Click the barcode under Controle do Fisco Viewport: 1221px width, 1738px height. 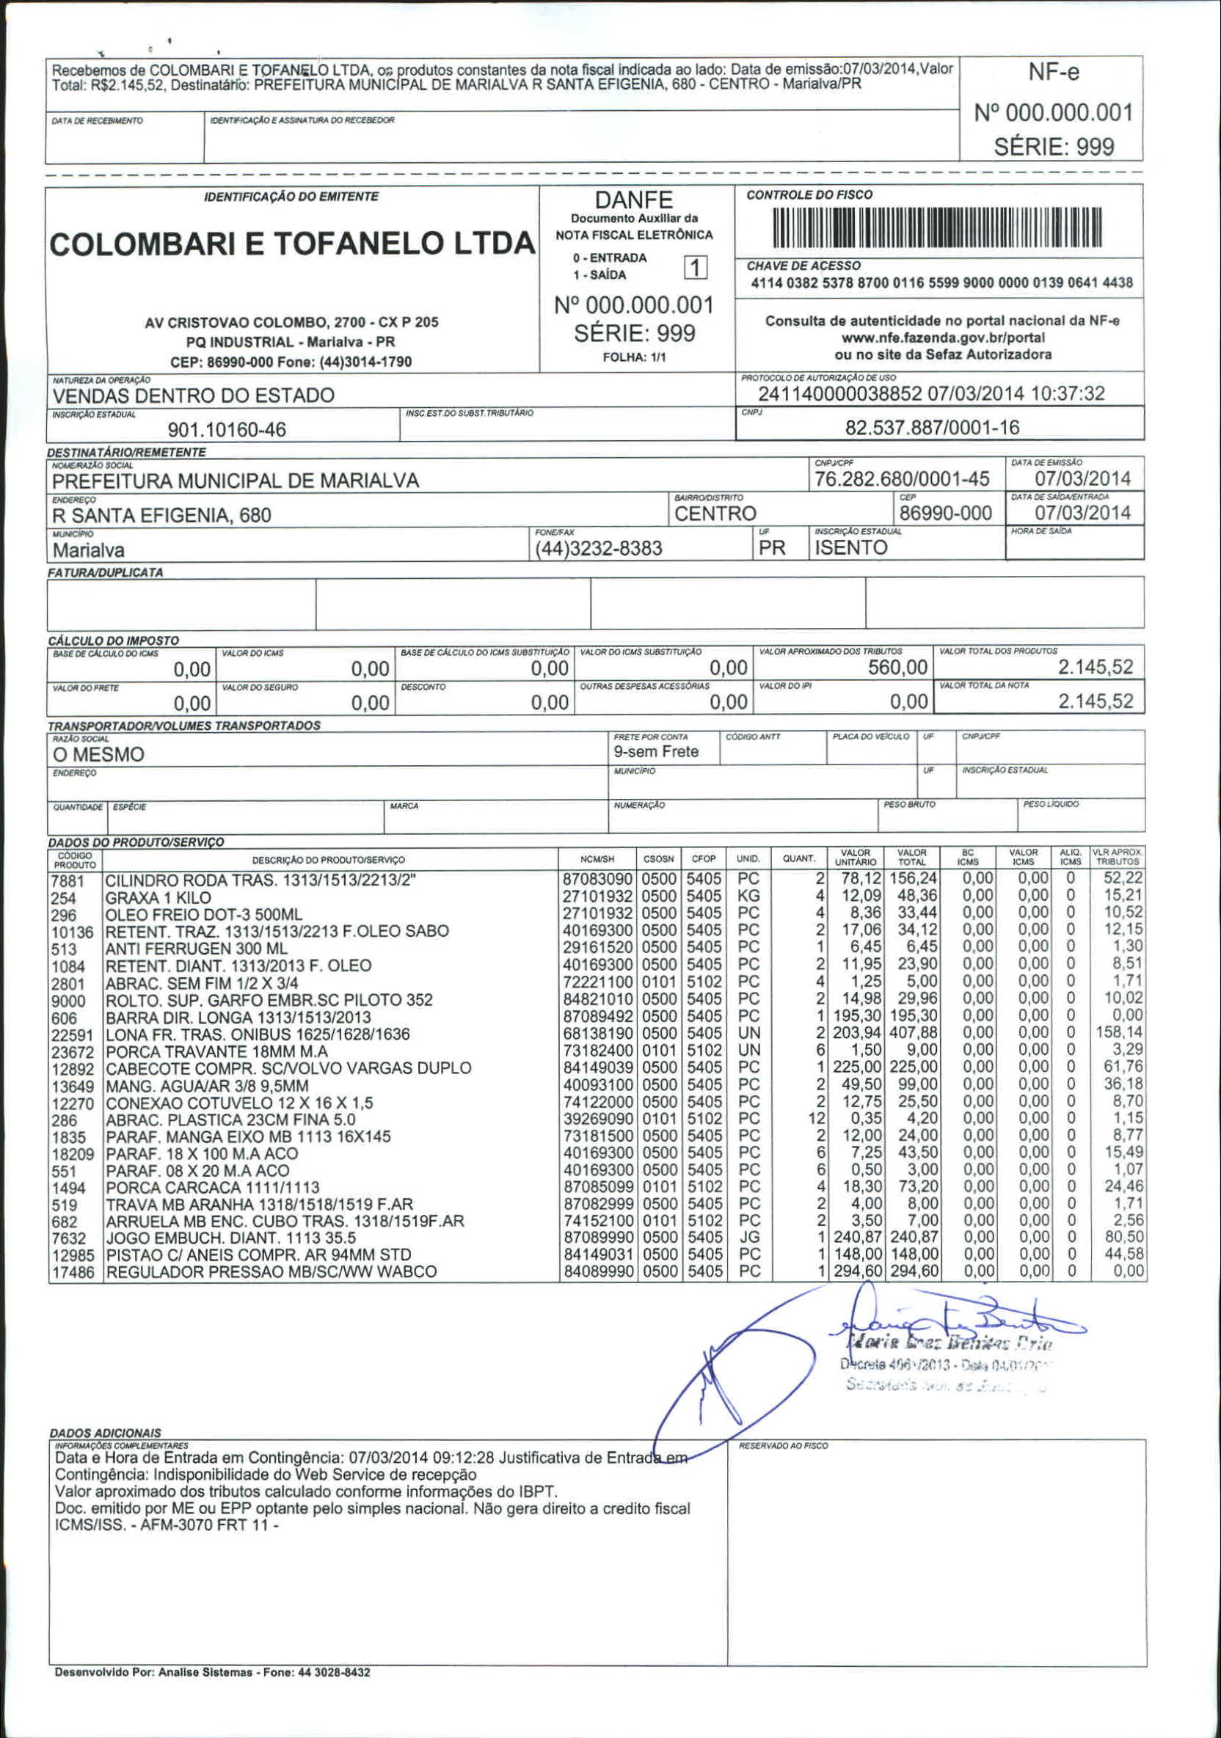(937, 228)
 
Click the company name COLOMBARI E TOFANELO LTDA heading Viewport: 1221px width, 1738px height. (291, 244)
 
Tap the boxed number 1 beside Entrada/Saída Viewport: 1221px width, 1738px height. (695, 267)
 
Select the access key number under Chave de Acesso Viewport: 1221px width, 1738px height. (941, 283)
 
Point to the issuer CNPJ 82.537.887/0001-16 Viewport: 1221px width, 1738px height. (932, 428)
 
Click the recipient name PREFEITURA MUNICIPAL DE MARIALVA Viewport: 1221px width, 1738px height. (236, 481)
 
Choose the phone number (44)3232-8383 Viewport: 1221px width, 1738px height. (598, 548)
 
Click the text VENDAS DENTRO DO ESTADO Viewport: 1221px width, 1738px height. (193, 395)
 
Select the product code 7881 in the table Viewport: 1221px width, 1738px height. (68, 882)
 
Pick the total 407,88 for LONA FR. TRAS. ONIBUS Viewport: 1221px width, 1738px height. (914, 1033)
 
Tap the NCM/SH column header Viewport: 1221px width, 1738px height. (597, 859)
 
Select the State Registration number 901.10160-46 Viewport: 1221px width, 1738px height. (226, 430)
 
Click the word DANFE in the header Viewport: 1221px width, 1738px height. (633, 200)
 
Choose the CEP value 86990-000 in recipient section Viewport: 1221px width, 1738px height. (945, 514)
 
